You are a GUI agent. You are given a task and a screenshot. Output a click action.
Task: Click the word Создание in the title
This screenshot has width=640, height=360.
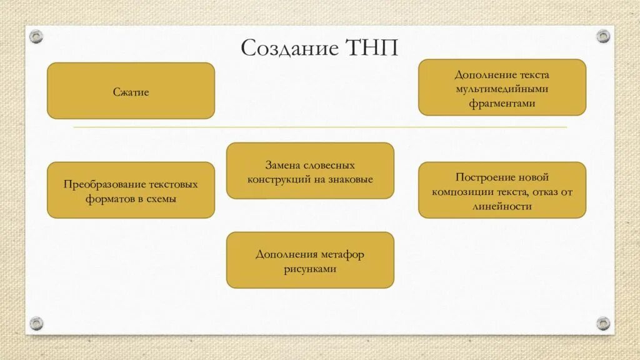(x=288, y=47)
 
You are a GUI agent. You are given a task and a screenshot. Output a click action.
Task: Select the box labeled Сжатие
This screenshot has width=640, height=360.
(x=131, y=91)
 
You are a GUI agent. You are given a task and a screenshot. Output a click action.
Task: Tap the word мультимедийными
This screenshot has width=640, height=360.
(x=502, y=89)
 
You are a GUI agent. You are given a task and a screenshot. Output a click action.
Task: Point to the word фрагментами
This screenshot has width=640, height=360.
(x=502, y=104)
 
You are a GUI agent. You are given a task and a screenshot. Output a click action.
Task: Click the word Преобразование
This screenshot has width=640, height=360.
(x=104, y=185)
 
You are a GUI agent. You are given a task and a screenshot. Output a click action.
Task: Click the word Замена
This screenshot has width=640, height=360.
(x=282, y=166)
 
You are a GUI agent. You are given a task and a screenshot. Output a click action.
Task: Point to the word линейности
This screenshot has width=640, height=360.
(x=502, y=206)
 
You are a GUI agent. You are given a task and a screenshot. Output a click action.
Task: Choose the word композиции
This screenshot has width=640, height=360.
(x=461, y=192)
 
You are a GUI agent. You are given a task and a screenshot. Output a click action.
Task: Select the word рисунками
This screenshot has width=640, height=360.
(x=310, y=269)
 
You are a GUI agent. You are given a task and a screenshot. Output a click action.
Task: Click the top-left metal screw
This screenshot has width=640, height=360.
(x=37, y=36)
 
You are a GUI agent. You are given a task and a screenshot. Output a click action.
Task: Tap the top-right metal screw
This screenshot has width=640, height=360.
(x=602, y=36)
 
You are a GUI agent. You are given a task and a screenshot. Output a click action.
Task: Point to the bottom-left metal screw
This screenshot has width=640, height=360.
(x=37, y=323)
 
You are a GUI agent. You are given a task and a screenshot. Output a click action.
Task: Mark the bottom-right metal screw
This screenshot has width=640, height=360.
(x=602, y=323)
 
